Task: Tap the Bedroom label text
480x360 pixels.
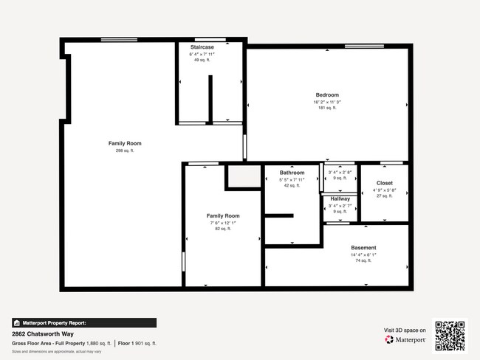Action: tap(327, 95)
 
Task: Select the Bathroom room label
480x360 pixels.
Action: tap(292, 173)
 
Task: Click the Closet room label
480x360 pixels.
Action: tap(385, 183)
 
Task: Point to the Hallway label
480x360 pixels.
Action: tap(340, 199)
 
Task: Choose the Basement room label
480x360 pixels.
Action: tap(363, 248)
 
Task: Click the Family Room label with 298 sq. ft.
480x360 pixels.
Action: tap(125, 143)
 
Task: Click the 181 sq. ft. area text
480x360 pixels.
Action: tap(327, 108)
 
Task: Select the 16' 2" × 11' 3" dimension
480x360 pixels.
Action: tap(327, 102)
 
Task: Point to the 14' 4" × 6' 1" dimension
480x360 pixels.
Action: tap(363, 255)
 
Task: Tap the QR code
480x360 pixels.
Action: tap(450, 335)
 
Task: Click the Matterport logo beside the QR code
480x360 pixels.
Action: tap(405, 340)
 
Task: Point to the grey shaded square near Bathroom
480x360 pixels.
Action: tap(243, 177)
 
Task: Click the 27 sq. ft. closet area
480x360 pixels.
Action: tap(385, 196)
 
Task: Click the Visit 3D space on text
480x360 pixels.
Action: tap(405, 330)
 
